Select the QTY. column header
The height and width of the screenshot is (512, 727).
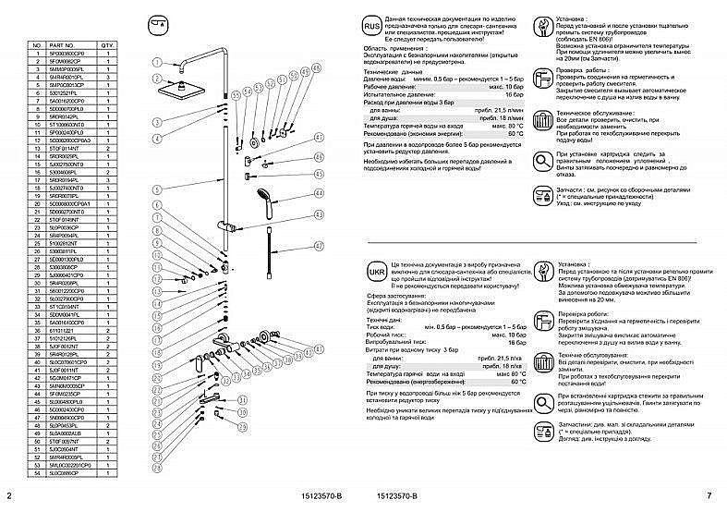pos(106,44)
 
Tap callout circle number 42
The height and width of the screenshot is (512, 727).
pos(320,246)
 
